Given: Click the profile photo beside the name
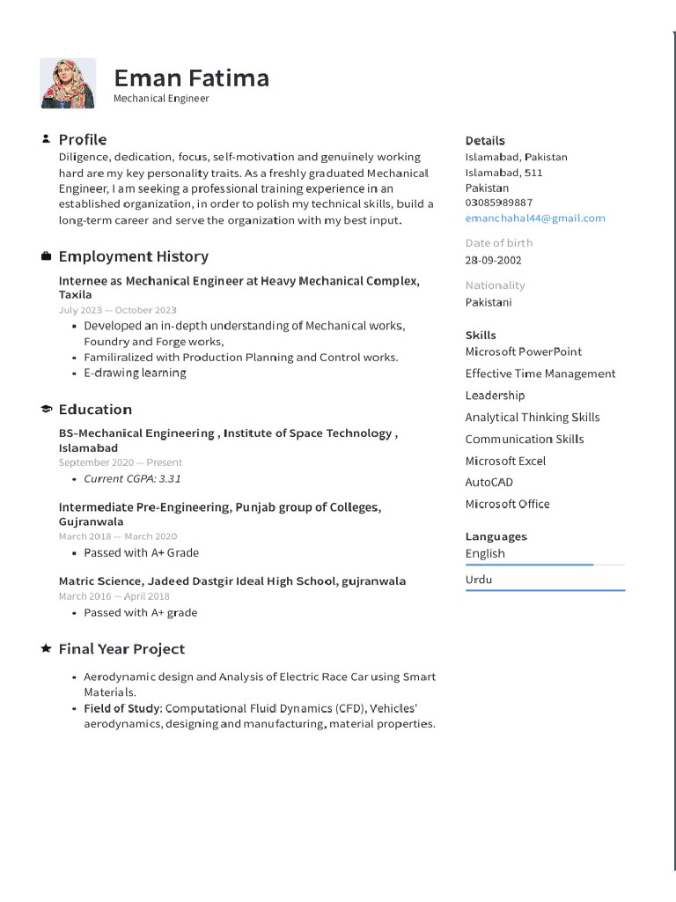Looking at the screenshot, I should (x=68, y=84).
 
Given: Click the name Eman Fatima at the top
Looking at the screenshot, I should (x=191, y=78).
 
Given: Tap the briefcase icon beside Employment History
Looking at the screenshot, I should (x=46, y=256).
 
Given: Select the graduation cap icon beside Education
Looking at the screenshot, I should (x=46, y=410).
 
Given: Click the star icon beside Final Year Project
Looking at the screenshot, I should (x=46, y=648).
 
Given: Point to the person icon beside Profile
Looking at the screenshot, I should (x=46, y=139).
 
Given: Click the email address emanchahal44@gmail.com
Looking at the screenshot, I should (x=535, y=218).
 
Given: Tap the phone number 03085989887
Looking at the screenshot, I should (x=498, y=203).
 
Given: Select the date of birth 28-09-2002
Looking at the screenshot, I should (x=493, y=260).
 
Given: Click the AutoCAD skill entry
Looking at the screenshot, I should (x=489, y=483).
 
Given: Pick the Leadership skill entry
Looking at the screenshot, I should (x=495, y=396).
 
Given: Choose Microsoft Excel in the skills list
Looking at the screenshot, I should (x=505, y=461).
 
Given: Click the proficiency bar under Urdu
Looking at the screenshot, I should (x=545, y=590).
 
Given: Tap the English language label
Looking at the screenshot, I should (x=485, y=553).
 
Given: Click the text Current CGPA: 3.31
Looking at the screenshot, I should (x=132, y=478).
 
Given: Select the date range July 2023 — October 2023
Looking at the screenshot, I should (x=117, y=310).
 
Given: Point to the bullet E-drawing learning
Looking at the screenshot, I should (x=135, y=373).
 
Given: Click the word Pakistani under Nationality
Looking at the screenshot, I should (x=488, y=302).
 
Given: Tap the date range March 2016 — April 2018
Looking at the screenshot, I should (x=114, y=596).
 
